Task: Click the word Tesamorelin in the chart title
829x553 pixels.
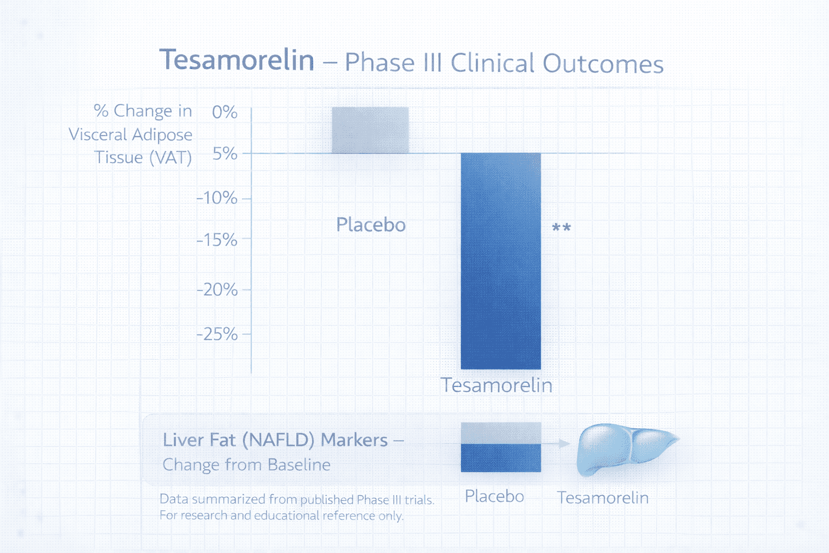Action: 237,60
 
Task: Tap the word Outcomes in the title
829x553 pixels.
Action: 603,64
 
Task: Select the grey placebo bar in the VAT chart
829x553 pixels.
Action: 370,130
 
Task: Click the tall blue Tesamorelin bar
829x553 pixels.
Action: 500,260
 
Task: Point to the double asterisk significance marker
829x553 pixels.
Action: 561,228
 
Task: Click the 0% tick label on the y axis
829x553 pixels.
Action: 225,112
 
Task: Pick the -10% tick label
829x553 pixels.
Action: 217,198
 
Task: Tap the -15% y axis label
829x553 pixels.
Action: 217,240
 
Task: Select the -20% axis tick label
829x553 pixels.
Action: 217,290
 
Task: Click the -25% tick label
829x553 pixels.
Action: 217,334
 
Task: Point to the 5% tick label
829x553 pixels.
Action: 225,154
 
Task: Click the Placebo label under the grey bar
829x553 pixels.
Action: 371,225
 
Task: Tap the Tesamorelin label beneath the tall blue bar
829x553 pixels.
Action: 497,386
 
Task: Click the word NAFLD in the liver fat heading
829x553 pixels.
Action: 278,440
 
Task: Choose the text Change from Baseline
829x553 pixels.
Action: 246,465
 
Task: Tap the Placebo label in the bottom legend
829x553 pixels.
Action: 494,496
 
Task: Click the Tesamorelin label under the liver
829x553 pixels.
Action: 603,497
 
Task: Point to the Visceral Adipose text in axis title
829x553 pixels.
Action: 130,134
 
